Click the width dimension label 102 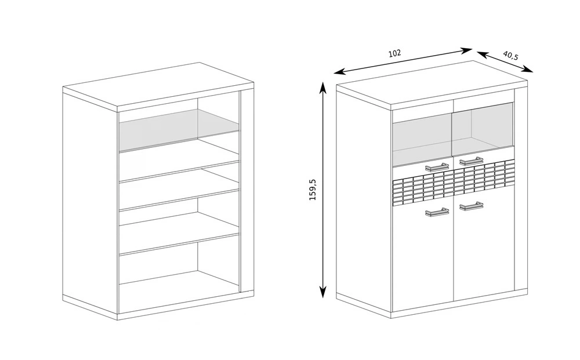394,53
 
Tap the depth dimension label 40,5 510,55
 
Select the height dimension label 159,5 313,190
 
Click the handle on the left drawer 437,168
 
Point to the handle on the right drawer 471,161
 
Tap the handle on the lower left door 437,212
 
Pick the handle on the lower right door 471,205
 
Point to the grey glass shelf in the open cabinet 179,130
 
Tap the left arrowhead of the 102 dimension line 338,72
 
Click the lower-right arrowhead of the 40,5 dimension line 530,70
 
